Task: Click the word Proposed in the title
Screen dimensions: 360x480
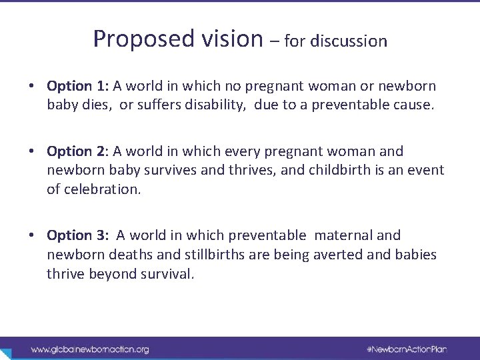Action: [143, 39]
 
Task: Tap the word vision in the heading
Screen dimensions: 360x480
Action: [231, 39]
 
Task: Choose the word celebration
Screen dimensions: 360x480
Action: [102, 191]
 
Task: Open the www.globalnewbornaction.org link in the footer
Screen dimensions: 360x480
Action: [90, 349]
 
